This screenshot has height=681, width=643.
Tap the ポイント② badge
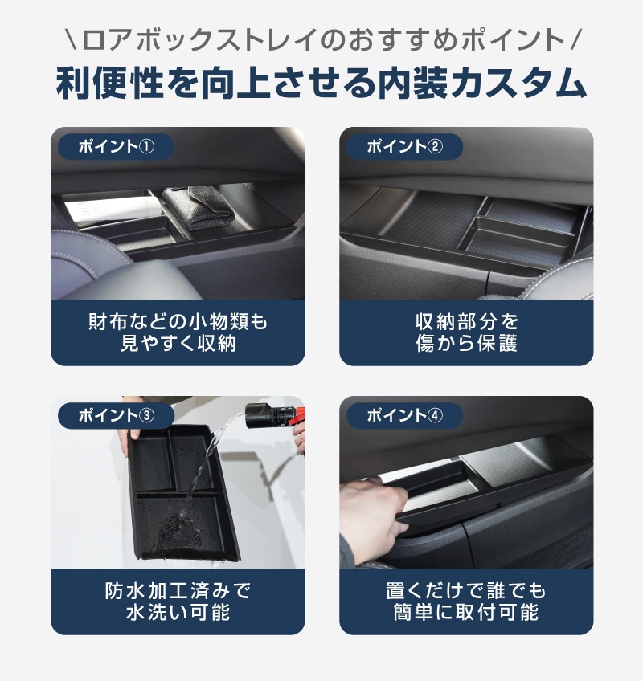coord(404,146)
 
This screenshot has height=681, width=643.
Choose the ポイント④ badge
coord(404,415)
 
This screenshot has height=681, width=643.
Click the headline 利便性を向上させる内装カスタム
coord(321,84)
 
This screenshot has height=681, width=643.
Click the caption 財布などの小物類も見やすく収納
coord(178,332)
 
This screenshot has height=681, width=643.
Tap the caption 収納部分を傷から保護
coord(466,332)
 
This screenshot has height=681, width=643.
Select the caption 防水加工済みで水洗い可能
coord(178,601)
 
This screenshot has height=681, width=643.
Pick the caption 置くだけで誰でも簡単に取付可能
coord(466,601)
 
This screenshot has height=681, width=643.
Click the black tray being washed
coord(181,490)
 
